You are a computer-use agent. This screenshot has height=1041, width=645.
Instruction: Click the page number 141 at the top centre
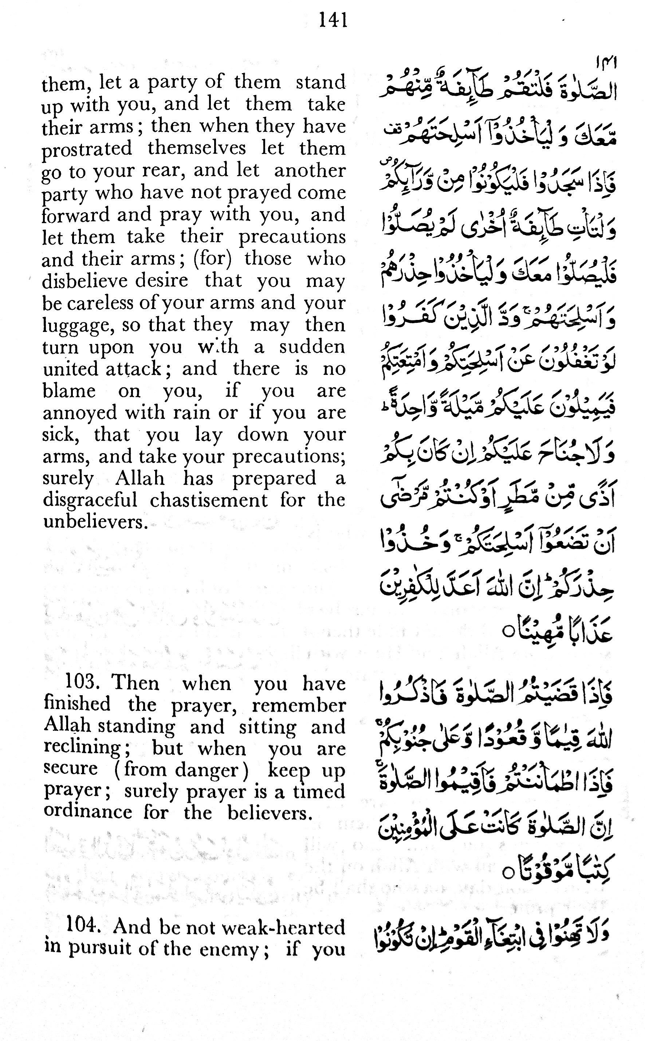click(333, 20)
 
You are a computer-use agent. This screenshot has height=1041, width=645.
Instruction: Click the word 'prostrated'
click(87, 149)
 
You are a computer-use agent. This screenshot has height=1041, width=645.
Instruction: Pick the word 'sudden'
click(312, 347)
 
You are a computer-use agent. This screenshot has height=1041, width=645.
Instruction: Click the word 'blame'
click(69, 391)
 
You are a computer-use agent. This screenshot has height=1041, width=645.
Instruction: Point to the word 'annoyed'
click(80, 413)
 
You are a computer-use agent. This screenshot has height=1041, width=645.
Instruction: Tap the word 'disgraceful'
click(90, 500)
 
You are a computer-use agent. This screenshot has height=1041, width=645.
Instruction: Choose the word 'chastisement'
click(209, 500)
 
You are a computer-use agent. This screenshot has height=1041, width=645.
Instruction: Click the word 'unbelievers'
click(95, 522)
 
